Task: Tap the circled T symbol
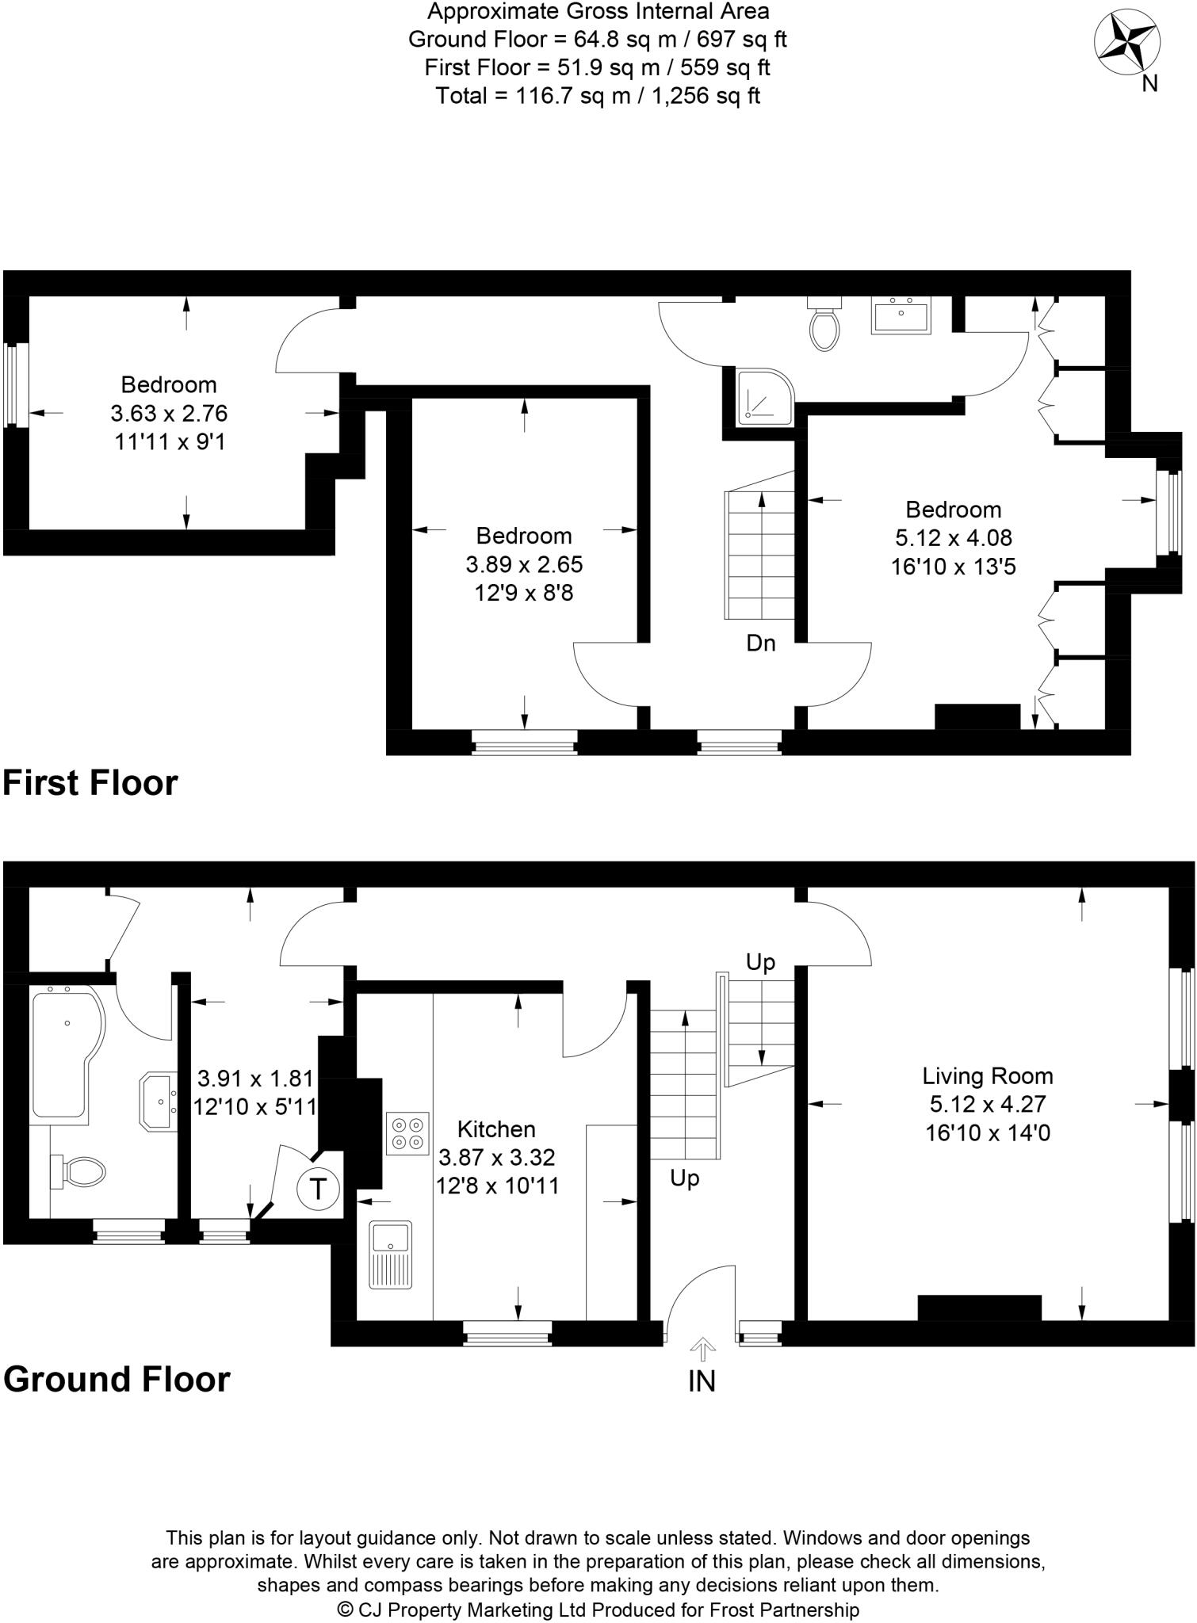point(318,1189)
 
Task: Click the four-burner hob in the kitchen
point(407,1134)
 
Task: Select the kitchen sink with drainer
point(390,1254)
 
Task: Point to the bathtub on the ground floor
point(65,1052)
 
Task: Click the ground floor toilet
point(79,1171)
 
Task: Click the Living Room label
point(987,1075)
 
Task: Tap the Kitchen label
point(496,1128)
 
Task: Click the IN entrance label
point(702,1381)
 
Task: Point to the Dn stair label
point(760,643)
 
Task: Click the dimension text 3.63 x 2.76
point(169,413)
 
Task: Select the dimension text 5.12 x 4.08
point(954,537)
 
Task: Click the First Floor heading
point(90,782)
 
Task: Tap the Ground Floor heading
point(117,1378)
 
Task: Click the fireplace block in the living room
point(979,1308)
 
